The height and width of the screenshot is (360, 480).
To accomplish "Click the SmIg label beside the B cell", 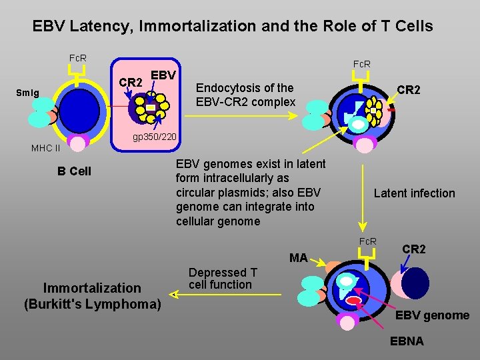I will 28,93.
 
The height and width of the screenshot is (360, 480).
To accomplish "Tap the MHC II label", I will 45,147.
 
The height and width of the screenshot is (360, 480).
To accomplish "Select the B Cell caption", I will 74,171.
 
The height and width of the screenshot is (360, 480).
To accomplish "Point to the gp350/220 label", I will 154,137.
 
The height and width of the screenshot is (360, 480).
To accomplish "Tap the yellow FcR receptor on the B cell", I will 78,78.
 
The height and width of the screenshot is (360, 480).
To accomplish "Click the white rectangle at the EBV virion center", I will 151,107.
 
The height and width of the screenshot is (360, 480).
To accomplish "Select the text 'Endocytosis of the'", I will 244,88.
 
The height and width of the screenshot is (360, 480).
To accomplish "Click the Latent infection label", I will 414,193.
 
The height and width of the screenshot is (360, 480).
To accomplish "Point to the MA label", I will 298,257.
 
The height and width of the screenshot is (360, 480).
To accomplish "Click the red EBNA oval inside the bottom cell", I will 354,301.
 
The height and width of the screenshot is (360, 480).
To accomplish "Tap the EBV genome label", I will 433,315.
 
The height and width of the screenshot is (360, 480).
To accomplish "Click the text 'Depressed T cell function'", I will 223,279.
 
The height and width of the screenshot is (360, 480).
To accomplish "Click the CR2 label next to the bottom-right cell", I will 414,249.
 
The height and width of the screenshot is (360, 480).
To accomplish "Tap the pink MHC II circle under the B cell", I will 79,143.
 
